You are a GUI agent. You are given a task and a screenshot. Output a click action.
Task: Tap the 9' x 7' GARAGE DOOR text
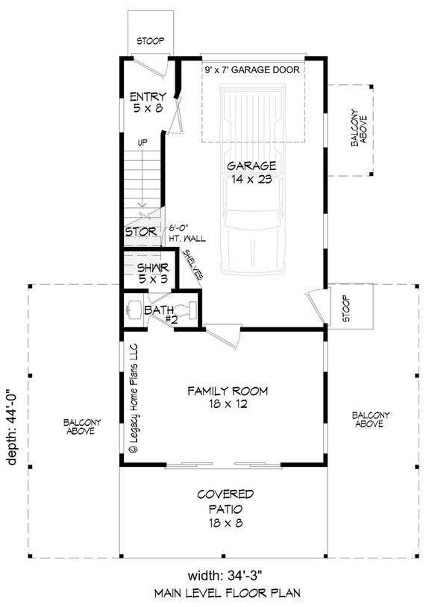(x=252, y=70)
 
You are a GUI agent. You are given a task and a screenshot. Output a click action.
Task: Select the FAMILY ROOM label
(x=228, y=397)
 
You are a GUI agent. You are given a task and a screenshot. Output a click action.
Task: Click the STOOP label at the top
(x=151, y=42)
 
